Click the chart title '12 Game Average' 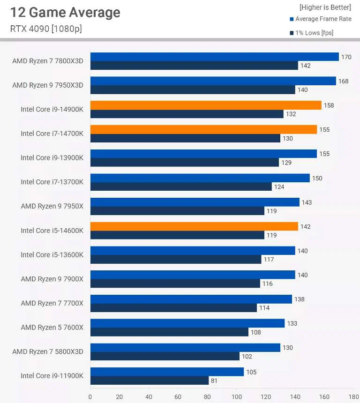click(x=65, y=13)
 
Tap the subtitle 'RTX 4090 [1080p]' click(x=46, y=29)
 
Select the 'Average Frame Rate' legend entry click(x=323, y=19)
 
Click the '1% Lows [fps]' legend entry click(x=314, y=33)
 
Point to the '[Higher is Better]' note click(x=325, y=7)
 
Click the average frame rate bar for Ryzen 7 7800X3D click(x=214, y=57)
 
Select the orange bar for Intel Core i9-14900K click(x=206, y=105)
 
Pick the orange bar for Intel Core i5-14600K click(x=194, y=226)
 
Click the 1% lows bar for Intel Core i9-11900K click(x=149, y=381)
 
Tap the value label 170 click(x=346, y=57)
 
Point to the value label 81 click(x=214, y=381)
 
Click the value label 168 click(x=343, y=82)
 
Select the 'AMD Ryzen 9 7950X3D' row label click(x=47, y=85)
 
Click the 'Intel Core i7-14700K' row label click(x=52, y=134)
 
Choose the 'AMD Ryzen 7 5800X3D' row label click(x=47, y=351)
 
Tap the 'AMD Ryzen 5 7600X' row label click(x=52, y=327)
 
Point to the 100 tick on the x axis click(x=236, y=397)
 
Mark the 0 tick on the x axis click(x=90, y=397)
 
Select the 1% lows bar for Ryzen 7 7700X click(x=173, y=308)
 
